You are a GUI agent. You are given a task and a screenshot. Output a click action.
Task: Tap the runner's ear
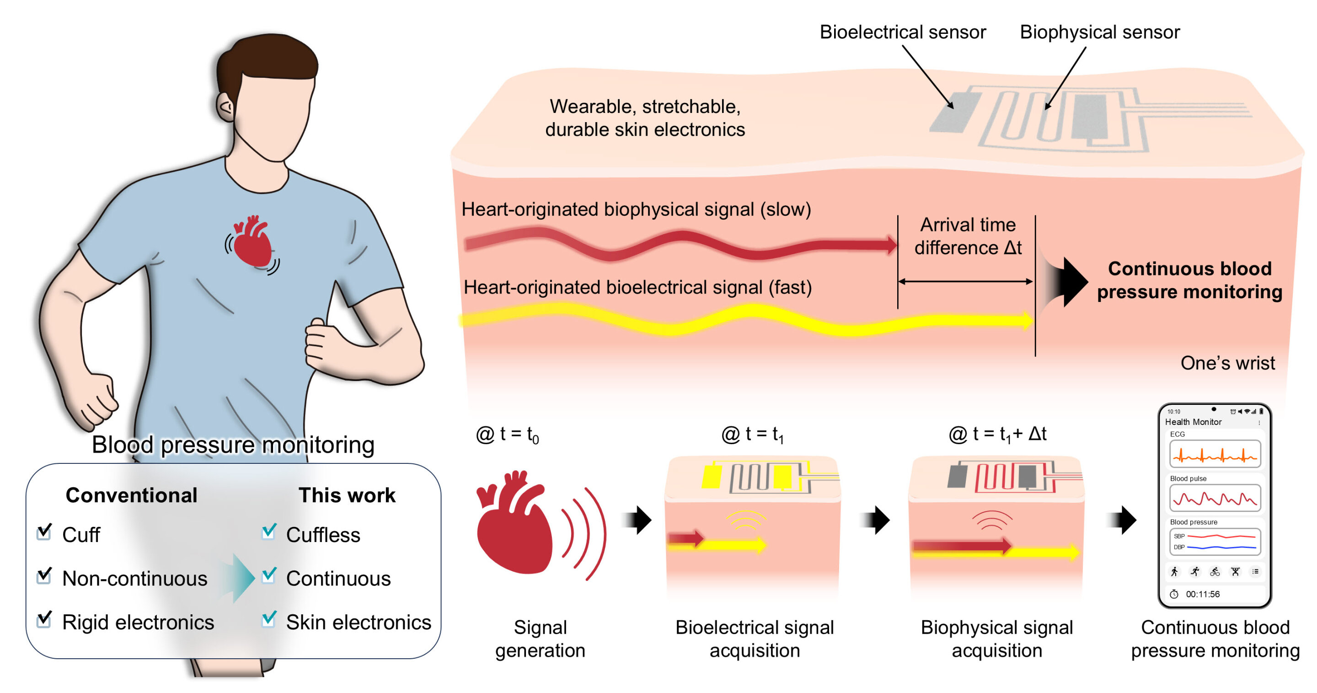[x=225, y=107]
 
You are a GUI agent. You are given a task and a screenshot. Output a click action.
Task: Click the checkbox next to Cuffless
[x=268, y=532]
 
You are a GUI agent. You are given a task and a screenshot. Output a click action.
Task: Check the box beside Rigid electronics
[x=44, y=620]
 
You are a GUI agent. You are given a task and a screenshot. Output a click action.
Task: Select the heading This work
[x=347, y=495]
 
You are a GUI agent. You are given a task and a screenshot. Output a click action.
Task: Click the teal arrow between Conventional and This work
[x=238, y=578]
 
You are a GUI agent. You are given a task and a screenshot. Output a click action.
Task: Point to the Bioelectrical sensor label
[x=902, y=32]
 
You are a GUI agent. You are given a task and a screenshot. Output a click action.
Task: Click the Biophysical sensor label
[x=1099, y=32]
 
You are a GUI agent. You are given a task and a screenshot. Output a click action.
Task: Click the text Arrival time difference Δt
[x=967, y=236]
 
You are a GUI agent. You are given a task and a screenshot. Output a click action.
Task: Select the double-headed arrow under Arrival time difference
[x=965, y=281]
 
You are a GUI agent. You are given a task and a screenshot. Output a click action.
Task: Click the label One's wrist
[x=1227, y=363]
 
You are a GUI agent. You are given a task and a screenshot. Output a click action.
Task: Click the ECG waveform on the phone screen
[x=1215, y=455]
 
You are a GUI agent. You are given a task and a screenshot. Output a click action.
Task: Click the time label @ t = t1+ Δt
[x=997, y=434]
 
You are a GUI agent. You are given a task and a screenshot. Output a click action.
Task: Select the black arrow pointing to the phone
[x=1123, y=520]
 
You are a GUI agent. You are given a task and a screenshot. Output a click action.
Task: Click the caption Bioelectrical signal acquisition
[x=754, y=639]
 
